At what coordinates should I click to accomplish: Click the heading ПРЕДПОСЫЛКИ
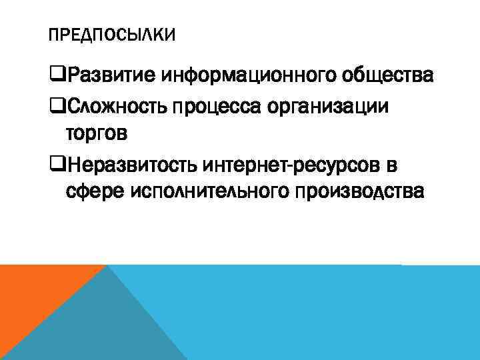(113, 34)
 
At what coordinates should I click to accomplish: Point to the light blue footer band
(333, 313)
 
